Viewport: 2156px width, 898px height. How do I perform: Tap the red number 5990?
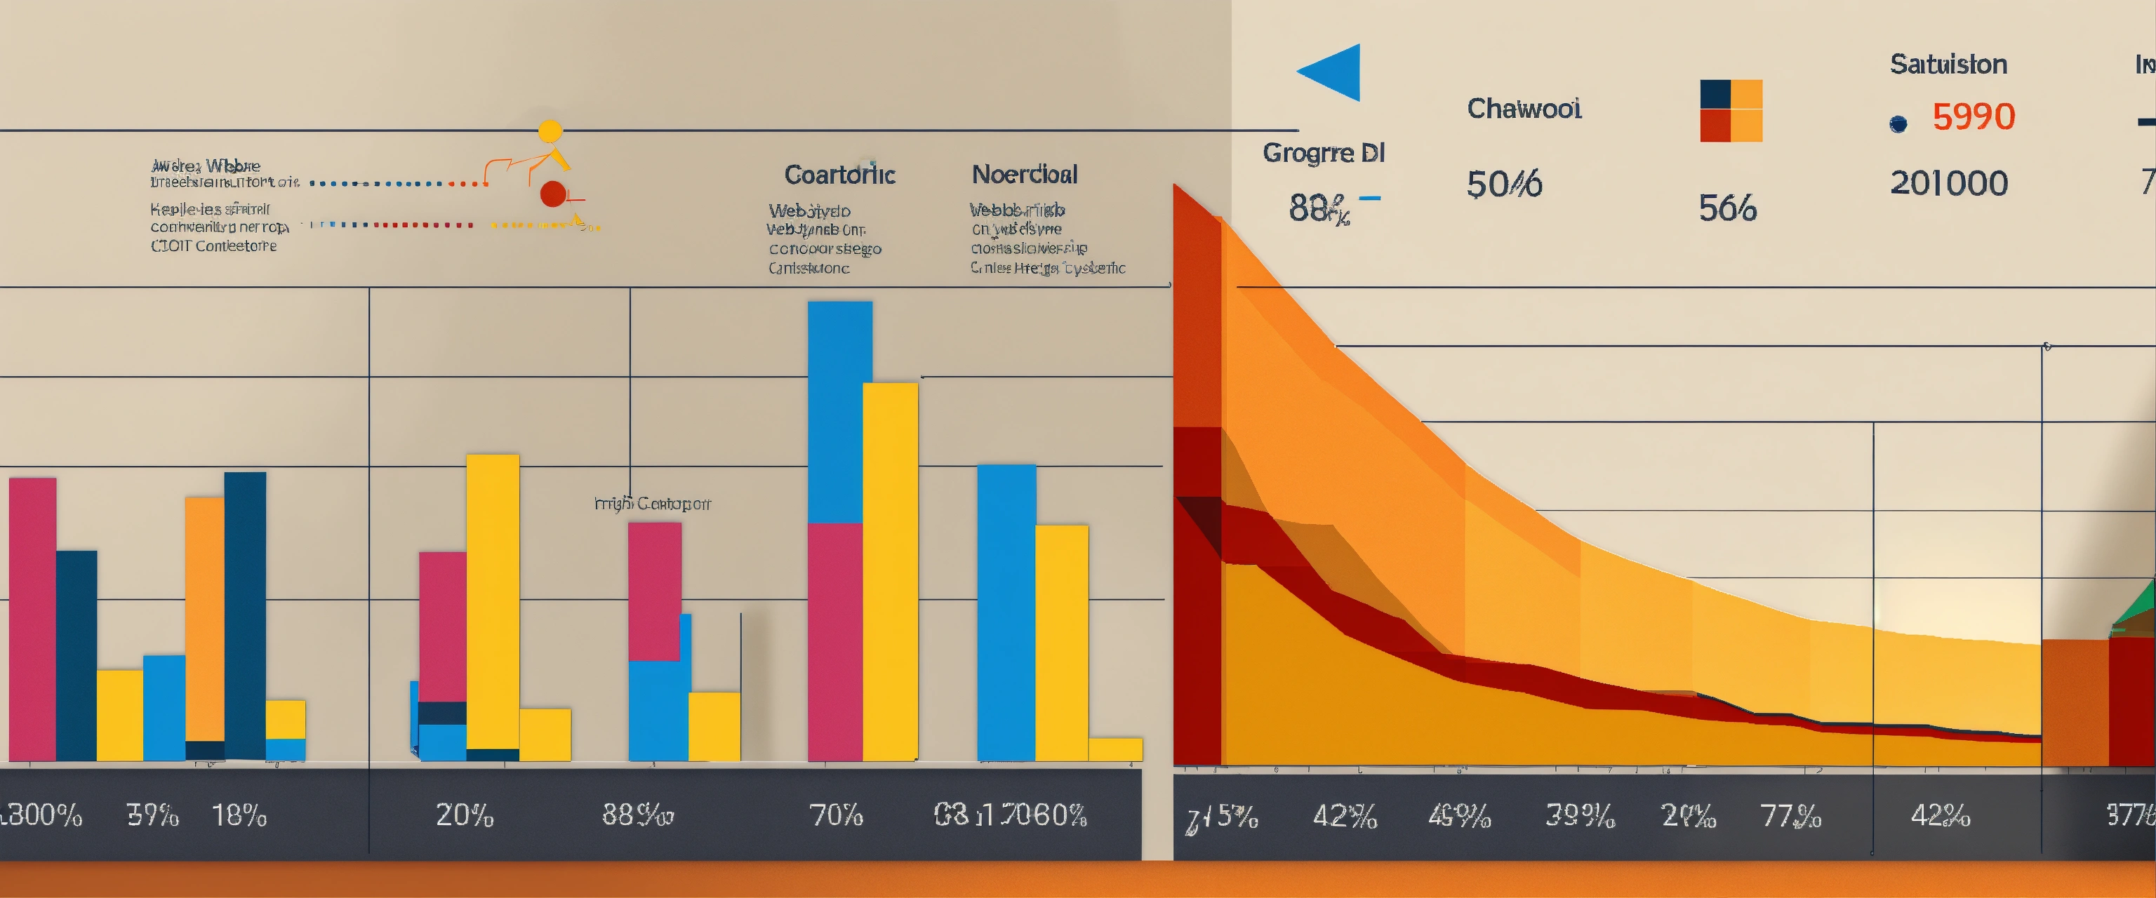pos(1973,117)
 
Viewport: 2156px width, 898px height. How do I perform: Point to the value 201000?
pos(1948,183)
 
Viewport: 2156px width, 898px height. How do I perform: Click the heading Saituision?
pos(1948,65)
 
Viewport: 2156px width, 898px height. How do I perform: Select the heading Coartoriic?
pos(839,175)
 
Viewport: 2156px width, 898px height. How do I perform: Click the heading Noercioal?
pos(1025,175)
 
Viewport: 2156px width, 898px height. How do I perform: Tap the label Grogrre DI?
pos(1323,153)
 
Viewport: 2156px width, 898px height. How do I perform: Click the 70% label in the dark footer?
pos(835,815)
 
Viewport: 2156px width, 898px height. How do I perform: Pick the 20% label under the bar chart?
pos(465,815)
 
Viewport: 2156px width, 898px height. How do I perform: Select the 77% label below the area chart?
pos(1790,816)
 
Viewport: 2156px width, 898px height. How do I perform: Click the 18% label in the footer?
pos(239,815)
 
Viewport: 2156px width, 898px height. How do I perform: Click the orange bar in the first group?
pos(204,619)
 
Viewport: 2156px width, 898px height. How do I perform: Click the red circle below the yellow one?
pos(552,194)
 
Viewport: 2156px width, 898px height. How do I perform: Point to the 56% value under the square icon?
pos(1726,208)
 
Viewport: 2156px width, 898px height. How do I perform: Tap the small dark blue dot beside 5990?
pos(1898,124)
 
